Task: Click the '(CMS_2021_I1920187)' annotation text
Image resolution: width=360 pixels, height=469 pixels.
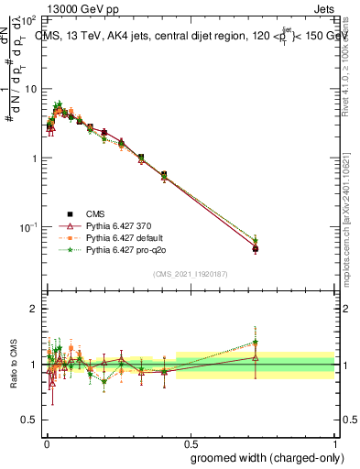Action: [x=190, y=273]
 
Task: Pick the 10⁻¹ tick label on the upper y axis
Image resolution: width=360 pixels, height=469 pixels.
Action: [x=28, y=226]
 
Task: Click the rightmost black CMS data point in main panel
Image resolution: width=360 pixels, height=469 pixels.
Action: [x=256, y=248]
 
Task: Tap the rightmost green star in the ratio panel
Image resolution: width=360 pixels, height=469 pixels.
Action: [x=256, y=343]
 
